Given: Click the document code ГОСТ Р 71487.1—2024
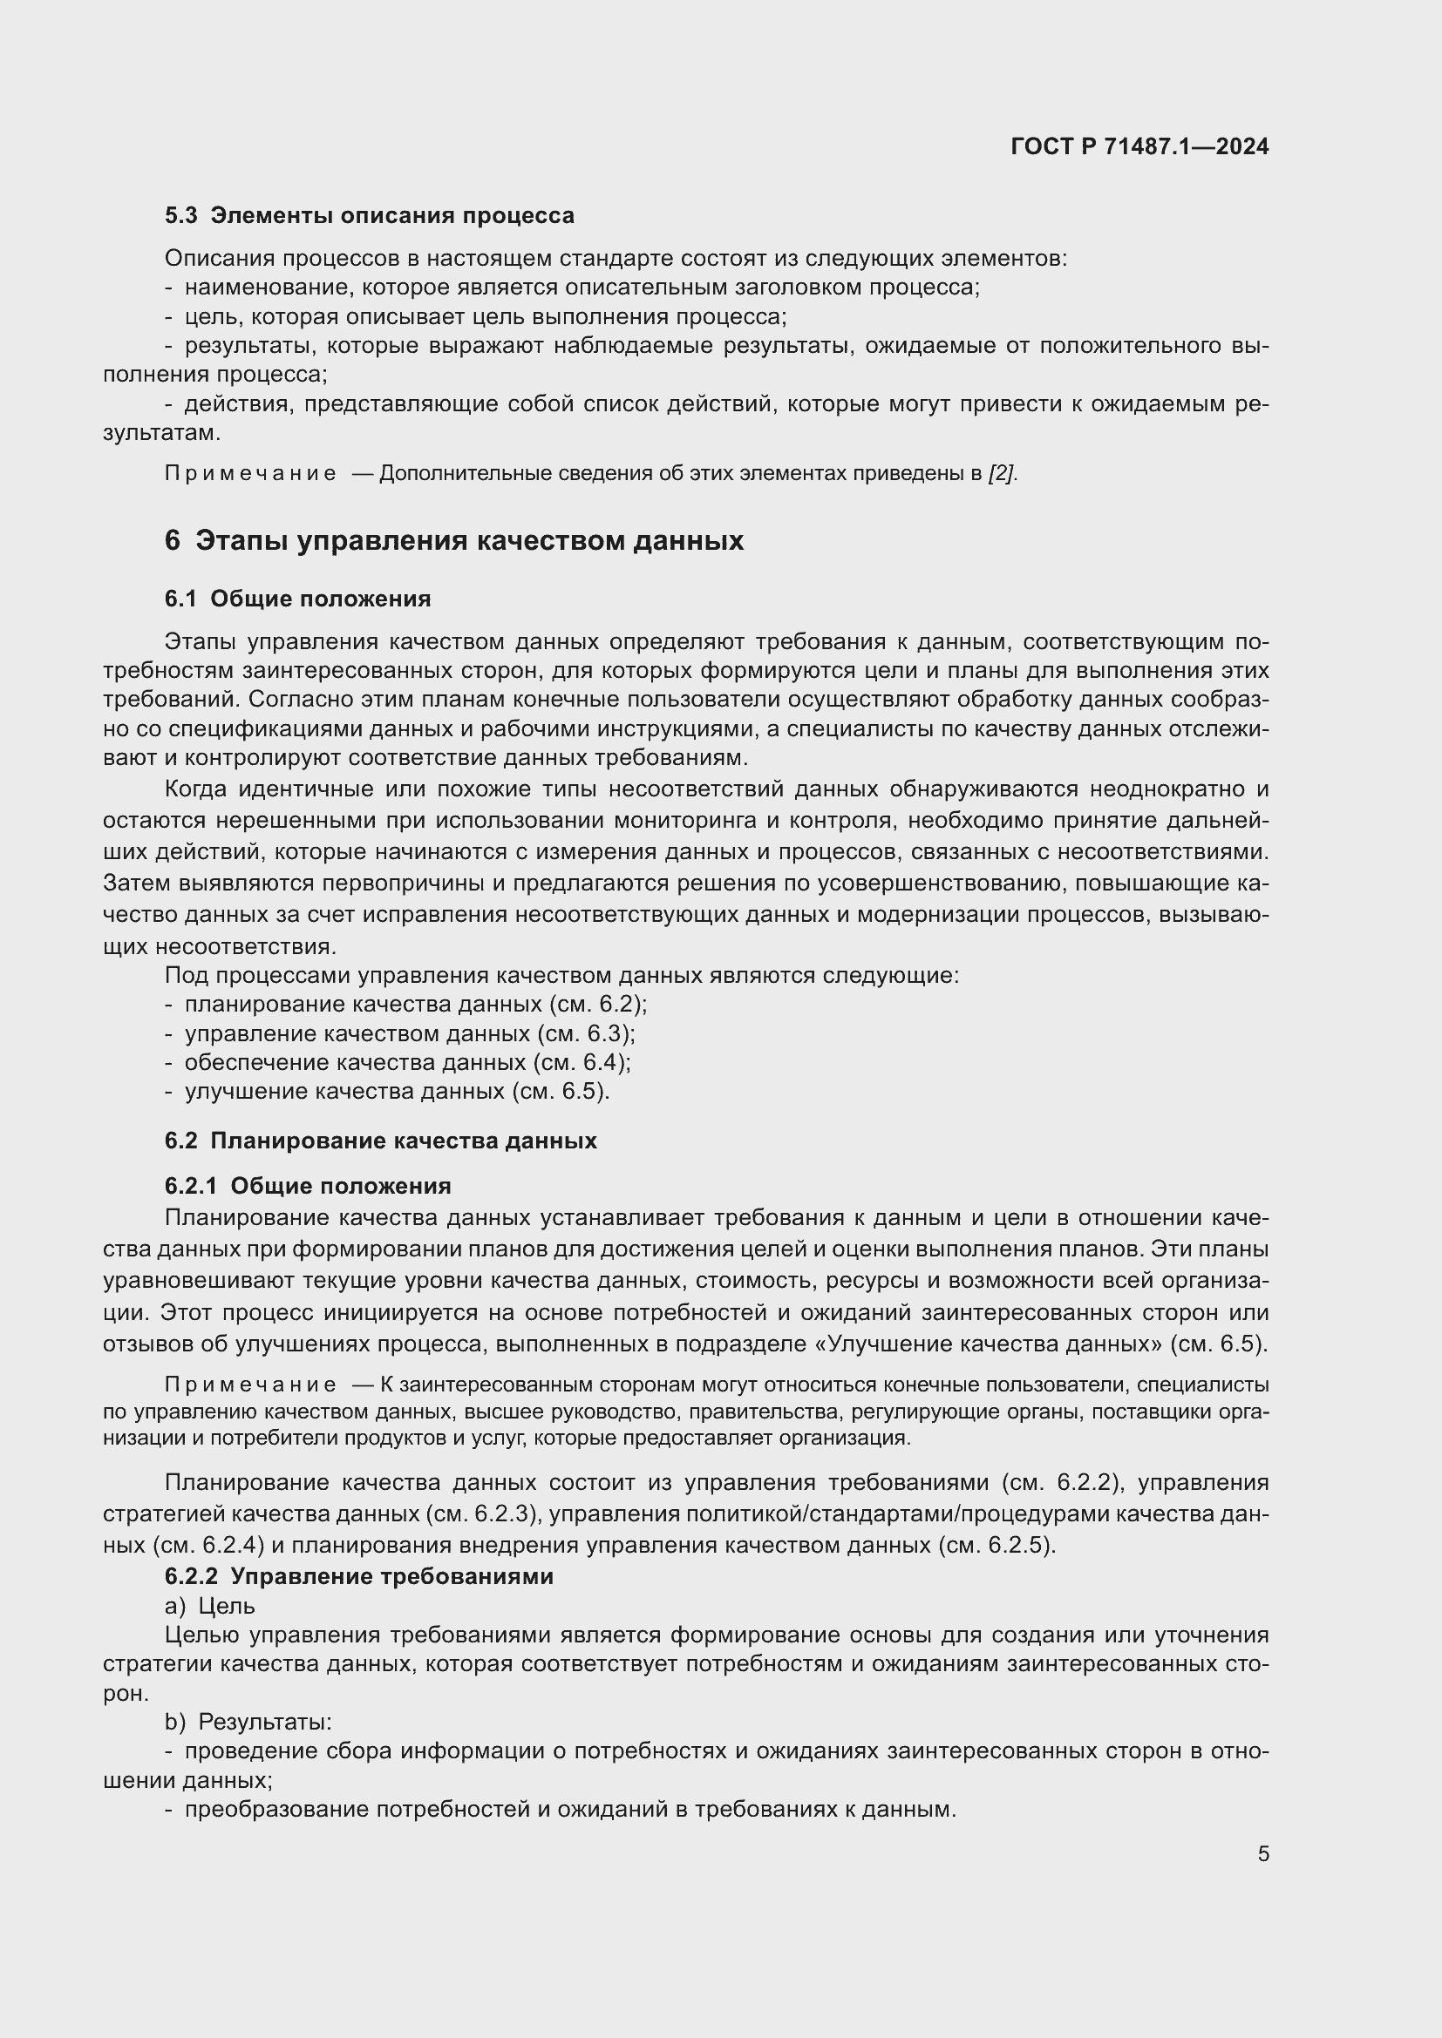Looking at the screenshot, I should [1139, 146].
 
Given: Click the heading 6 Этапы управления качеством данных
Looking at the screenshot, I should [453, 540].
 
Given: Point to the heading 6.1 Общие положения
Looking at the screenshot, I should [297, 599].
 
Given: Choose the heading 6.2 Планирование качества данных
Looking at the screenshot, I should [380, 1141].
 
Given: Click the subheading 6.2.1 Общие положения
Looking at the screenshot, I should [307, 1186].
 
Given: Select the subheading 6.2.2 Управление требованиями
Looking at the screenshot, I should [358, 1576].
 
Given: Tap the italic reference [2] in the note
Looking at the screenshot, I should [1002, 474].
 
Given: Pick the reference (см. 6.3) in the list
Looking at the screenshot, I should [586, 1033].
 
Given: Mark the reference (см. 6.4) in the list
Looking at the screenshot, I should [582, 1062].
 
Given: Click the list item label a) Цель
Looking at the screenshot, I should [209, 1606].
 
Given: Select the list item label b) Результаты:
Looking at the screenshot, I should [248, 1722].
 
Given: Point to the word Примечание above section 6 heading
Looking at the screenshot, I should [250, 474].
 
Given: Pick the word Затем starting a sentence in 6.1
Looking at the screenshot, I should [138, 884].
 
